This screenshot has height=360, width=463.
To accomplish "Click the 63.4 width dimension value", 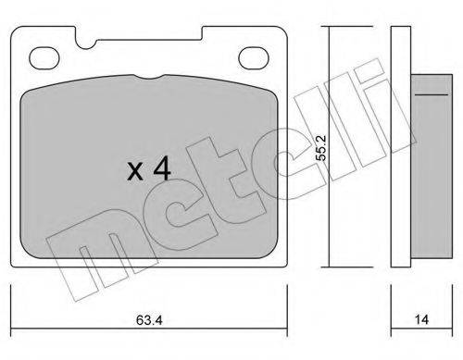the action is coord(149,320).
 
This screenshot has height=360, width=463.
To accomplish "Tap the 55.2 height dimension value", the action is coord(321,147).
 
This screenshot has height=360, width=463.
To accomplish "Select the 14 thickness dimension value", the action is coord(421,319).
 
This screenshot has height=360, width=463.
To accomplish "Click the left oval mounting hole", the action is coord(44,58).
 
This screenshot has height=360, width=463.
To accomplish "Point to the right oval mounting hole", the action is coord(254,58).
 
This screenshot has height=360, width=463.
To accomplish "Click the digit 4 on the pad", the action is coord(162,168).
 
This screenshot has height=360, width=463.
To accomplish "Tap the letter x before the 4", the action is coord(135,171).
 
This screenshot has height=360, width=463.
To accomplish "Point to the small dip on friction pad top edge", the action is coord(149,77).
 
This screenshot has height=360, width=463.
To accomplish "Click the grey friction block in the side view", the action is coord(432,166).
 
